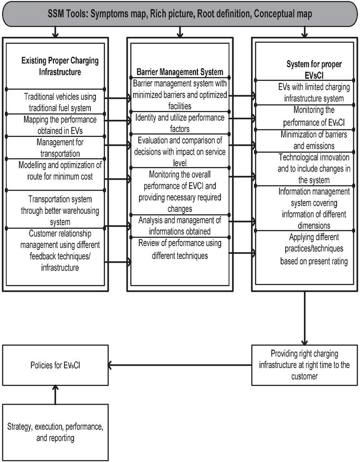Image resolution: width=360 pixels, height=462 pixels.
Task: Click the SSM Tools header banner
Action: pos(180,14)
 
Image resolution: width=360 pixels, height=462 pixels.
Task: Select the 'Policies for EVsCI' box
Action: pos(55,366)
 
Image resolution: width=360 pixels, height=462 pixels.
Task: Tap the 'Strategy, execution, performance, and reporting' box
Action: pos(55,432)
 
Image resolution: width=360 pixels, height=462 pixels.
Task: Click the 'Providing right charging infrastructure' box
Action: pos(305,366)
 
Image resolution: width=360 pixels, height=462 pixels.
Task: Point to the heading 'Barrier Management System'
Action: pos(180,72)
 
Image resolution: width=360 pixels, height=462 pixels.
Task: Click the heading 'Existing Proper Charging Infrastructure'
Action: pos(60,66)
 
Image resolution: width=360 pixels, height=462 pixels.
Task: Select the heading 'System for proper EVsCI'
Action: pos(314,70)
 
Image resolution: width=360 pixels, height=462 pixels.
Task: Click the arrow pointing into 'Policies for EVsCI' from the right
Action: pos(180,366)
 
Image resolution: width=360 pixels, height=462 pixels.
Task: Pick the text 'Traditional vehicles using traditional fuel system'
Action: pos(60,102)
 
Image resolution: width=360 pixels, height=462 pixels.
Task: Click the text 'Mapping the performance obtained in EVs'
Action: pos(60,125)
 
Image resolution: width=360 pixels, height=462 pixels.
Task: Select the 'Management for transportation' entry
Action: pos(60,148)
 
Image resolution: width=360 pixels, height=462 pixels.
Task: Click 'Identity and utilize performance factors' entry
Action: pos(180,123)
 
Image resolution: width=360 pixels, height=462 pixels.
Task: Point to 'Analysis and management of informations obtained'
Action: pos(180,226)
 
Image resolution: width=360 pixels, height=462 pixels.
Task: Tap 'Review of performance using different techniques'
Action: pos(180,249)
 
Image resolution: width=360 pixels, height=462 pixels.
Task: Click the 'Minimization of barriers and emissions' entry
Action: pos(314,140)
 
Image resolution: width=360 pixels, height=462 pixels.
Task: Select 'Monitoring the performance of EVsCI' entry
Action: pos(314,116)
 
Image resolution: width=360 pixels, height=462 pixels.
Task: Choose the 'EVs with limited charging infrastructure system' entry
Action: pos(314,92)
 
